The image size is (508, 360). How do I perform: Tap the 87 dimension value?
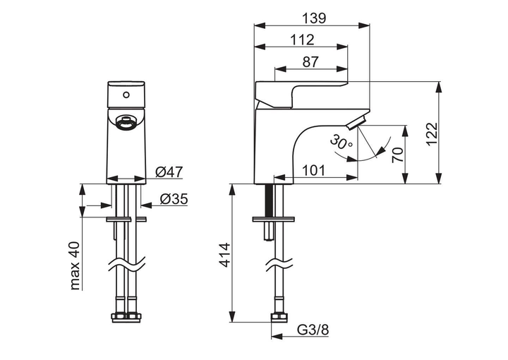(x=310, y=61)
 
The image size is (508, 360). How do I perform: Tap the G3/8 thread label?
(x=312, y=330)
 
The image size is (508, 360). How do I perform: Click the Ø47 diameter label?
(x=169, y=172)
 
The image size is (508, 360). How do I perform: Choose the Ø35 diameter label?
(x=173, y=199)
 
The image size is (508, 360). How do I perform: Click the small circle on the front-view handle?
(x=126, y=94)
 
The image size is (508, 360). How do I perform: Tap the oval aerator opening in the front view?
(x=126, y=124)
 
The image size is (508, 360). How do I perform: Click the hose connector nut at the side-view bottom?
(x=278, y=317)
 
